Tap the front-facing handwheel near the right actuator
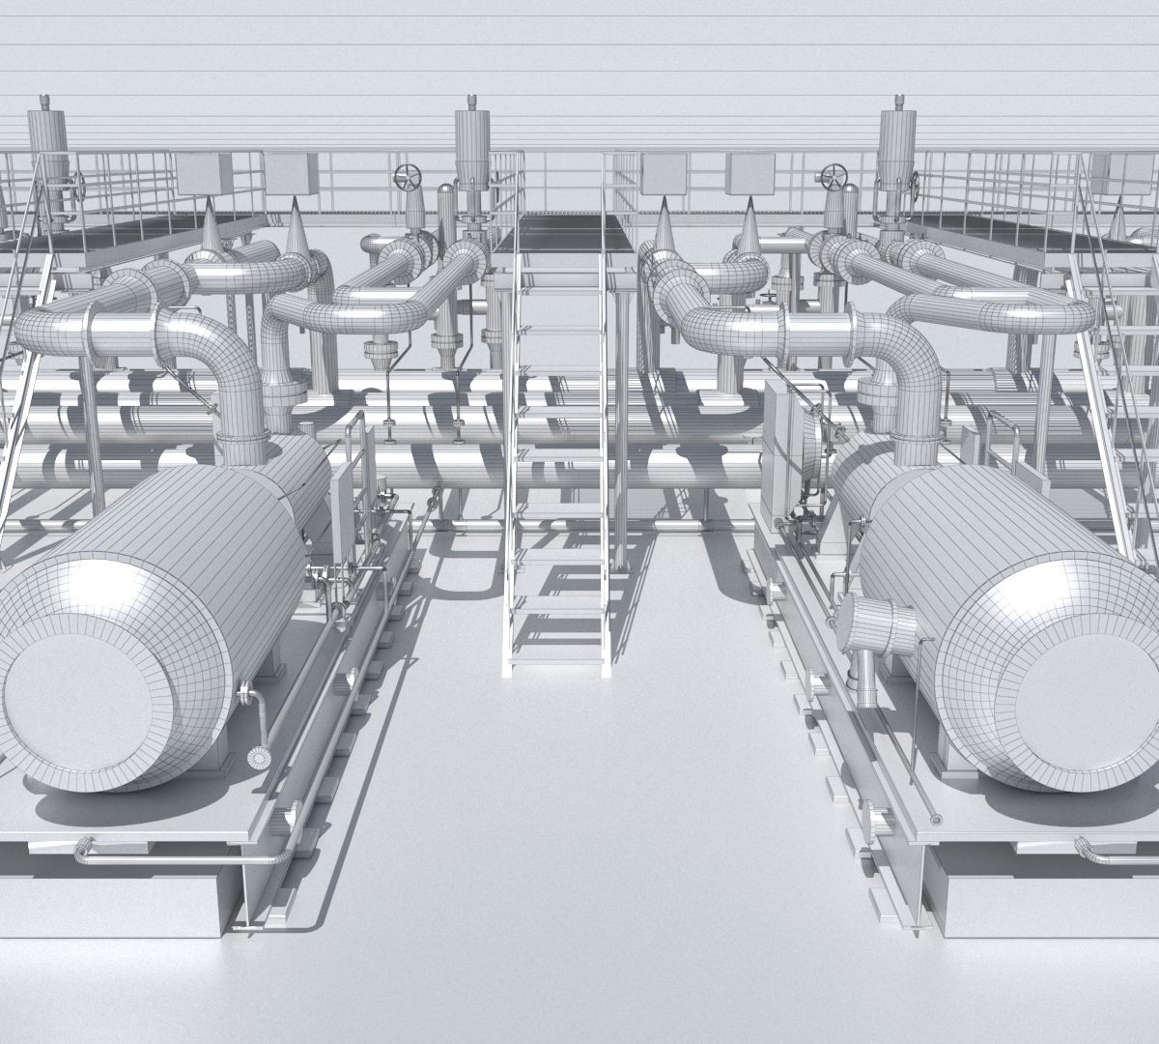tap(833, 177)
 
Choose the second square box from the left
tap(292, 174)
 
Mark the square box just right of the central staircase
tap(664, 174)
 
